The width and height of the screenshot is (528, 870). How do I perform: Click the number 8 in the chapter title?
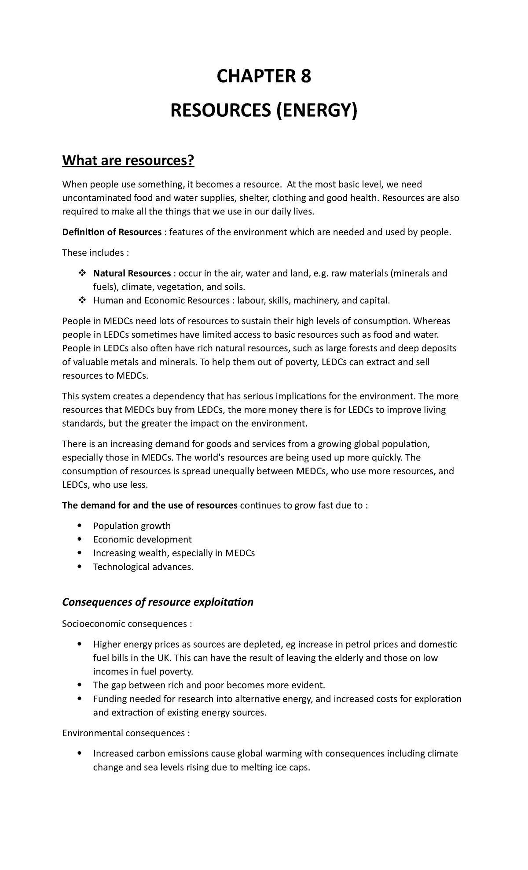(x=305, y=77)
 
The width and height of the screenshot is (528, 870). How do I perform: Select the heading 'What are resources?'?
(x=128, y=161)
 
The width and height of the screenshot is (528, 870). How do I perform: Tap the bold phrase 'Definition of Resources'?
(x=112, y=232)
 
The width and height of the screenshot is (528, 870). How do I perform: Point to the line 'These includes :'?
(x=95, y=253)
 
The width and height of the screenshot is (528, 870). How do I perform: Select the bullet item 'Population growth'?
(x=132, y=526)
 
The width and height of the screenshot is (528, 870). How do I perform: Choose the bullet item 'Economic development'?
(x=142, y=539)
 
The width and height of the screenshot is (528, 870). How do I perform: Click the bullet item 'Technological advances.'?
(x=143, y=567)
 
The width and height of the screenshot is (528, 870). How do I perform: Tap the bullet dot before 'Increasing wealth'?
(x=80, y=553)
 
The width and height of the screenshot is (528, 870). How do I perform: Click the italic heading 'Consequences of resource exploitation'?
(x=158, y=602)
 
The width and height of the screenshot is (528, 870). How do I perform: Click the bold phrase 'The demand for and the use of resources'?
(x=150, y=505)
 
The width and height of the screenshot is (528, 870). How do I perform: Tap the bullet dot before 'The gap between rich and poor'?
(x=80, y=685)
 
